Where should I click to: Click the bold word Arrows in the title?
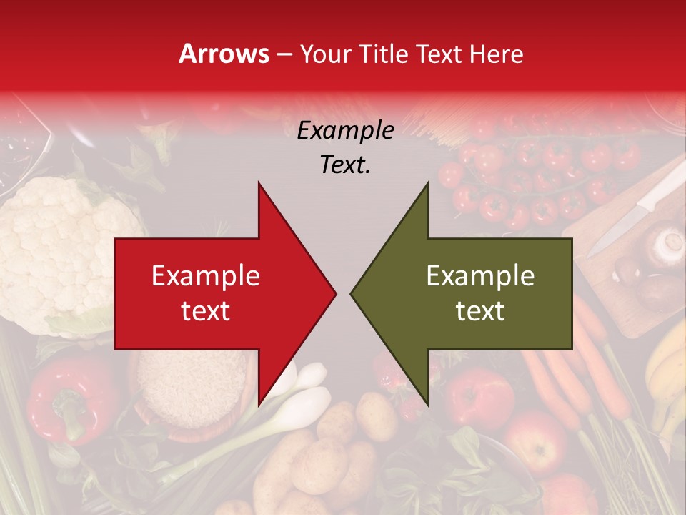[224, 54]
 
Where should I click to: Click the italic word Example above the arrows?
[345, 131]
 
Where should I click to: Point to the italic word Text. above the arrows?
[345, 165]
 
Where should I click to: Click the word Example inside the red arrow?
[206, 275]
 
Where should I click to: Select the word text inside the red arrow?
[206, 310]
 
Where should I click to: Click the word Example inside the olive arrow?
[480, 275]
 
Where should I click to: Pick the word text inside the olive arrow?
[480, 310]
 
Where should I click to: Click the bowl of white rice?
[189, 390]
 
